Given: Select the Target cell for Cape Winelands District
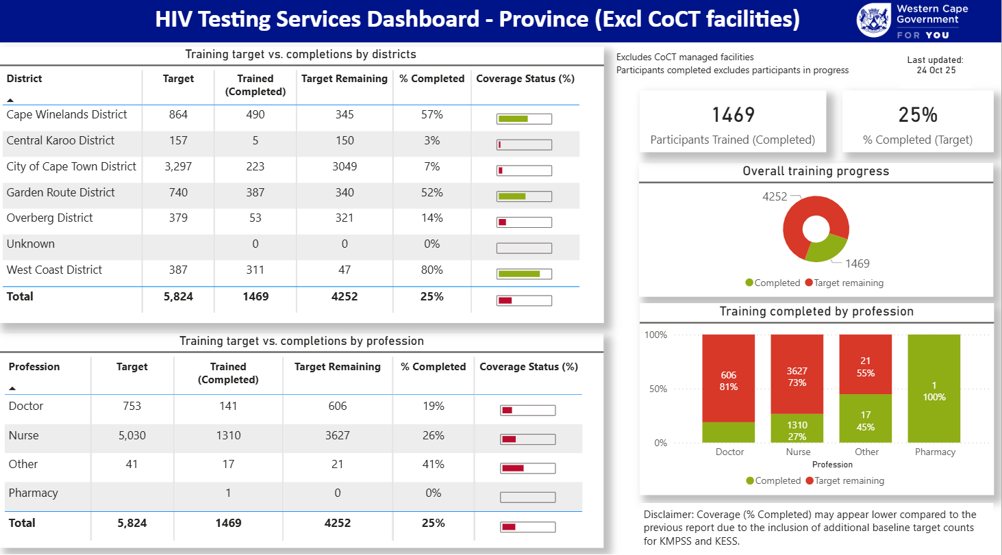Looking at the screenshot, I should tap(178, 115).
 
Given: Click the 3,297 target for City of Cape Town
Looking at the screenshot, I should tap(178, 166).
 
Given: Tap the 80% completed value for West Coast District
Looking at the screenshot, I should tap(432, 270).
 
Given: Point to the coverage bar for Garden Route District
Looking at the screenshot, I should tap(524, 196).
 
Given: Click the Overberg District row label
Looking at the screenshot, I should tap(49, 218).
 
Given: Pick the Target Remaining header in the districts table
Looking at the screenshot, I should tap(345, 79).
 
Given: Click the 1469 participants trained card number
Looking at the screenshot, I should tap(733, 114).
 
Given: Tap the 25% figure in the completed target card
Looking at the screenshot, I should tap(918, 115).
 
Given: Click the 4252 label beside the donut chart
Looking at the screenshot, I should tap(775, 196).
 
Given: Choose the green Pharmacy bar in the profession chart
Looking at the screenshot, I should tap(934, 388).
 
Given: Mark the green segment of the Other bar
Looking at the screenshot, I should tap(866, 418).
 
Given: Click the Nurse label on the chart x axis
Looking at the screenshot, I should tap(798, 452).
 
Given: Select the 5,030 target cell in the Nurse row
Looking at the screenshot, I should tap(131, 435).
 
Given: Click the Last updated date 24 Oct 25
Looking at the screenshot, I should tap(936, 70).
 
